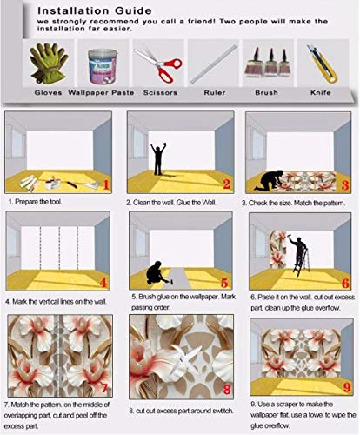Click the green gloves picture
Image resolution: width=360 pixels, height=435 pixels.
click(49, 63)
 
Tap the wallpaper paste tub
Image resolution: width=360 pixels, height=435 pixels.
click(103, 66)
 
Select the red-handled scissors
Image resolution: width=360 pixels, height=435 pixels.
click(158, 64)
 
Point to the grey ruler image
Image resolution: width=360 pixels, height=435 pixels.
click(213, 64)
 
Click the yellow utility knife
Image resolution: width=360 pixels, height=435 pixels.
click(323, 64)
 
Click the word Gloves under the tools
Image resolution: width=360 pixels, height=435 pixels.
click(49, 93)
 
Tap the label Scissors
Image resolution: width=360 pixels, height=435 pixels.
click(160, 93)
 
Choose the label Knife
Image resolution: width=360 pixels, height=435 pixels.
click(321, 93)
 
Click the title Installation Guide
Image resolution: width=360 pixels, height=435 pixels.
click(95, 11)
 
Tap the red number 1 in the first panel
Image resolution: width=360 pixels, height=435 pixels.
click(106, 184)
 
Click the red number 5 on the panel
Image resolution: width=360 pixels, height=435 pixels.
click(224, 283)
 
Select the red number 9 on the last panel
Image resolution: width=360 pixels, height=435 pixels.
click(347, 387)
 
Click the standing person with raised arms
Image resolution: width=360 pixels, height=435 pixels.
click(158, 158)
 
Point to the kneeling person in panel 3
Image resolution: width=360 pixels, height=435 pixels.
click(269, 180)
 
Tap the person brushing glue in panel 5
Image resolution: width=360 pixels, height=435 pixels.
click(157, 273)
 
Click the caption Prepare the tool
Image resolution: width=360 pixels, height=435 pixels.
click(35, 202)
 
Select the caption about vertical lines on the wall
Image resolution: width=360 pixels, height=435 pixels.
click(56, 302)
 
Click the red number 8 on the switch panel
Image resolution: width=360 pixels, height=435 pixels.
click(227, 390)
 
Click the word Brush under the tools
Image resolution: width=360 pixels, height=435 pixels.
click(266, 93)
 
